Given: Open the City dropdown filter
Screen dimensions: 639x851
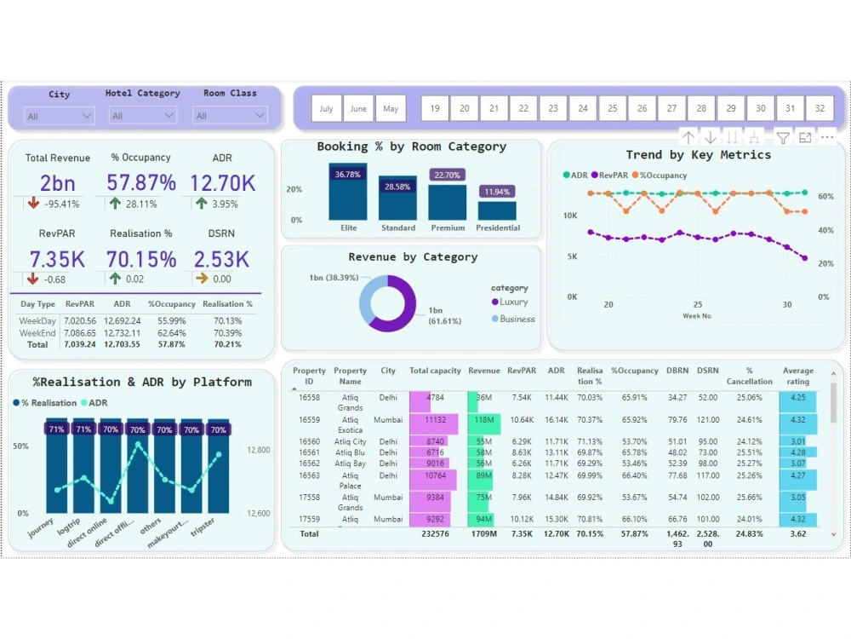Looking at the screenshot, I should (x=60, y=116).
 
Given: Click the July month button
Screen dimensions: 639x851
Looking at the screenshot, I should (x=327, y=109).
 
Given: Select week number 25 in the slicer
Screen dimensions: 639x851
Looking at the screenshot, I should (x=612, y=109).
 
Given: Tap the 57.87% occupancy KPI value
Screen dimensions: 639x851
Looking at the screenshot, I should (x=141, y=183).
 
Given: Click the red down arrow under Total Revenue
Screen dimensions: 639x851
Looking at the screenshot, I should (x=33, y=204).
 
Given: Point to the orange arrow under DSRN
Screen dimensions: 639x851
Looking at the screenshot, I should (x=202, y=279).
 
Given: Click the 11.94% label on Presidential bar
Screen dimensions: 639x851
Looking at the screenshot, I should (x=497, y=192).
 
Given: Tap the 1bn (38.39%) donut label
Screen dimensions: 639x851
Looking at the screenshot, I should (x=334, y=278).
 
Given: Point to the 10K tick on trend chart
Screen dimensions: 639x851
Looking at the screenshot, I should (x=571, y=216).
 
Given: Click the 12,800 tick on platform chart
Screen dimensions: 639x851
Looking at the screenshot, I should (x=259, y=450).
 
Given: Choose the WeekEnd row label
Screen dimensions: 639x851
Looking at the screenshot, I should (x=37, y=333).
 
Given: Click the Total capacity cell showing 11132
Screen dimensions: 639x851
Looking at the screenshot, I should (x=435, y=420).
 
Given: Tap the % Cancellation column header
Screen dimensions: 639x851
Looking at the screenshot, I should (x=749, y=376).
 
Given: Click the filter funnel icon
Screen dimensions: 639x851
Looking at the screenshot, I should (x=783, y=138).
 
